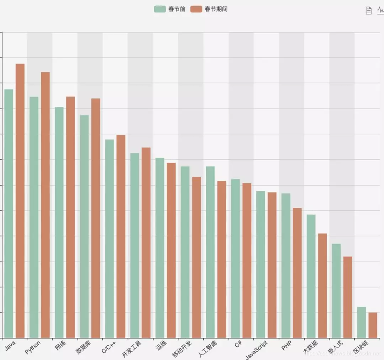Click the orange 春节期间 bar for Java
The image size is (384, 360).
coord(20,200)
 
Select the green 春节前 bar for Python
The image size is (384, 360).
coord(34,217)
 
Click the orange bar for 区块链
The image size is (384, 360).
coord(373,325)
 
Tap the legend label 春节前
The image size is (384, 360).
coord(177,9)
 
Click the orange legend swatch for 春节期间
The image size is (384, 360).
coord(196,9)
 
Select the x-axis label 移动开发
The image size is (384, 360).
coord(182,349)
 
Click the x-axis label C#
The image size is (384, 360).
coord(238,345)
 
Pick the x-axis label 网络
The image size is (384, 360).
coord(60,346)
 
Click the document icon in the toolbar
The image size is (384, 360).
coord(369,10)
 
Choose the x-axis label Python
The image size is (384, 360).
coord(33,347)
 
